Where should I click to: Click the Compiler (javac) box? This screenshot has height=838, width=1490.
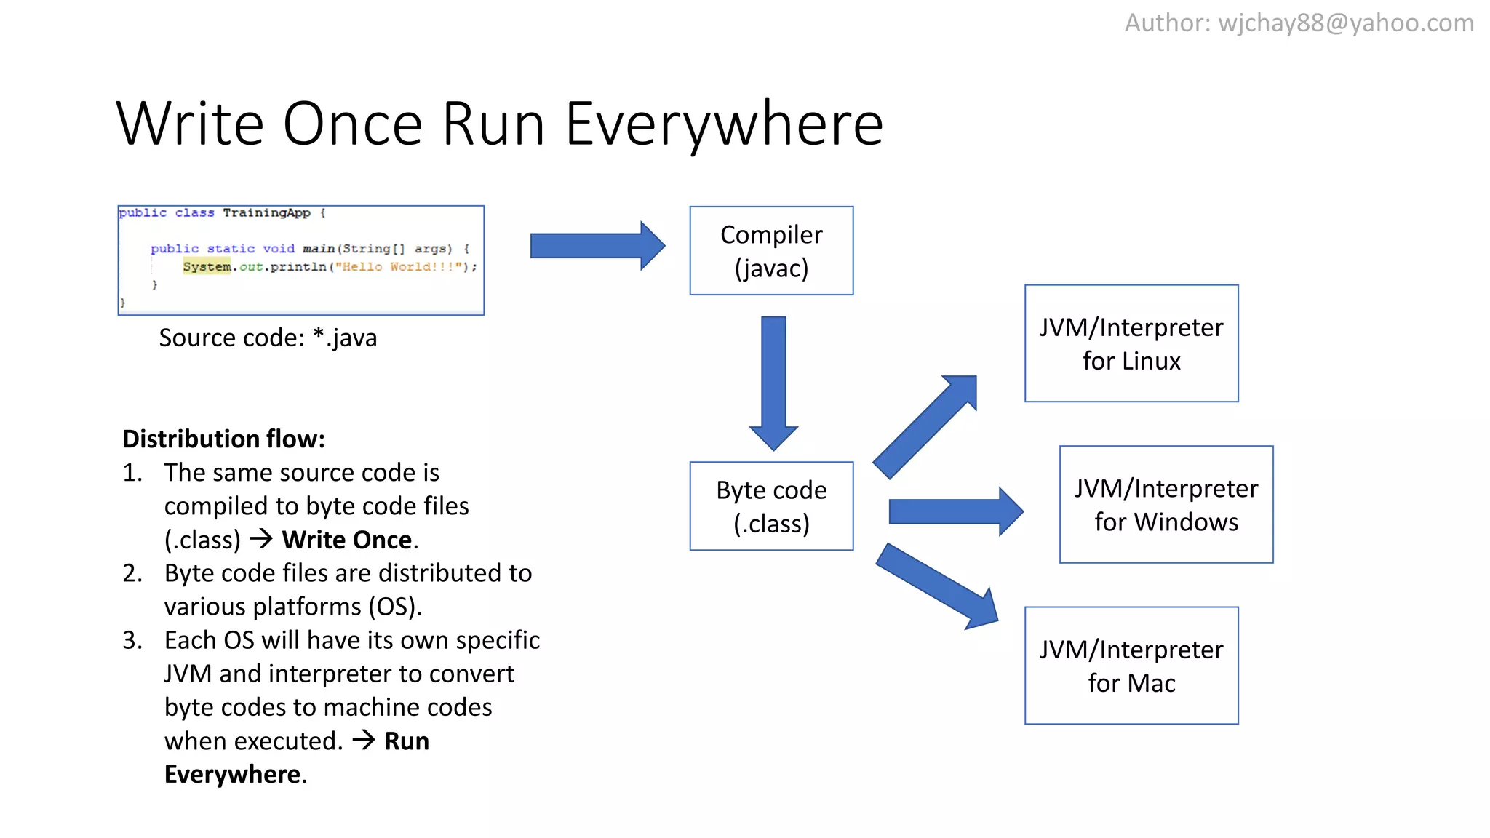tap(771, 251)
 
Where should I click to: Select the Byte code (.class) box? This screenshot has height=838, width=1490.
tap(771, 506)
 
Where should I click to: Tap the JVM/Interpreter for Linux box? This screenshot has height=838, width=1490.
tap(1131, 343)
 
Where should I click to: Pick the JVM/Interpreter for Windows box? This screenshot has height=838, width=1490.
tap(1166, 504)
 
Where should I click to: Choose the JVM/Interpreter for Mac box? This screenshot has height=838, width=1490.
tap(1131, 666)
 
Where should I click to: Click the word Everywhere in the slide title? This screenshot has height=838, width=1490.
tap(724, 124)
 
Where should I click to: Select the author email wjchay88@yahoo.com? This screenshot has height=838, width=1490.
tap(1346, 23)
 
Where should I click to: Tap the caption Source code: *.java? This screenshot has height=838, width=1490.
tap(268, 338)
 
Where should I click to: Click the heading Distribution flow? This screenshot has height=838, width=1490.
tap(223, 439)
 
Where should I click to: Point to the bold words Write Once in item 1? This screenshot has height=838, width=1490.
tap(348, 540)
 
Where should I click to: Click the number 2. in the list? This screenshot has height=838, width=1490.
tap(132, 573)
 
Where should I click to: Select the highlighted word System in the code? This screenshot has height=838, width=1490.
tap(207, 266)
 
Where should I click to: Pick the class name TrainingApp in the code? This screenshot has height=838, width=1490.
tap(266, 212)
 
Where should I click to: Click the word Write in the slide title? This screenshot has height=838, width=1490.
tap(189, 124)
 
